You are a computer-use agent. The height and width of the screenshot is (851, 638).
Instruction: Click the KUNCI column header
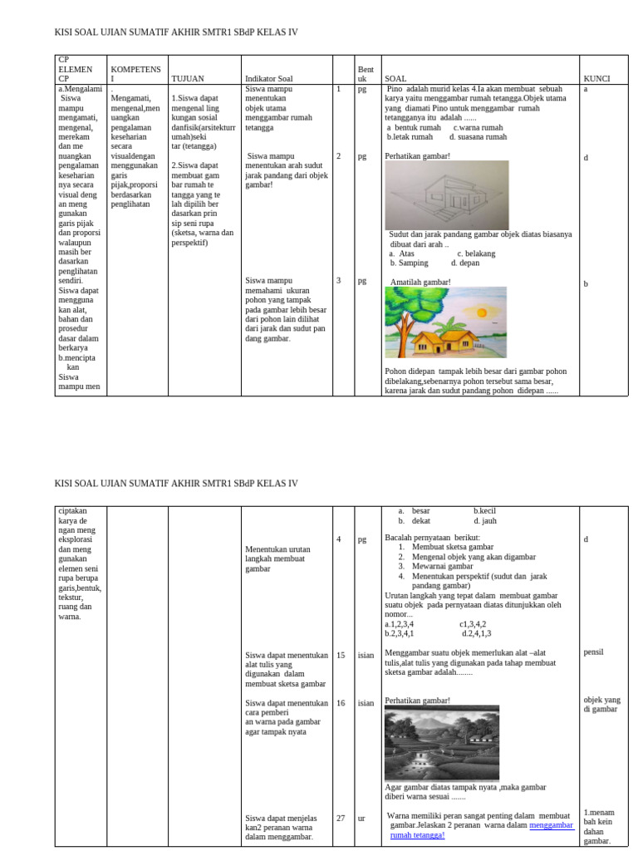pos(596,79)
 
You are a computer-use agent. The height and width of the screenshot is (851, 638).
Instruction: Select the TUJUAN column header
pos(187,79)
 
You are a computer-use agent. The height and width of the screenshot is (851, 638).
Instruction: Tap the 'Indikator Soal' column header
pos(269,79)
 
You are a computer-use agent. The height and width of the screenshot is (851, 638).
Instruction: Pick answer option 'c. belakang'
pos(476,253)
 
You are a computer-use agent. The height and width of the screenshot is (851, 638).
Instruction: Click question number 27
pos(341,818)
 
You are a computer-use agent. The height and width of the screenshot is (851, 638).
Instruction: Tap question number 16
pos(341,703)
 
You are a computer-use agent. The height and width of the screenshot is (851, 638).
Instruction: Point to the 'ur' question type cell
pos(361,818)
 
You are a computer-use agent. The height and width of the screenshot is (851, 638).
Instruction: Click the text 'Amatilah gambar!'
pos(420,283)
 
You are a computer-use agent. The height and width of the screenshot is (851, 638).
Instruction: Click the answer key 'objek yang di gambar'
pos(601,705)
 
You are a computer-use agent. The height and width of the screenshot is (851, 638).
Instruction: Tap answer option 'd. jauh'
pos(485,521)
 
